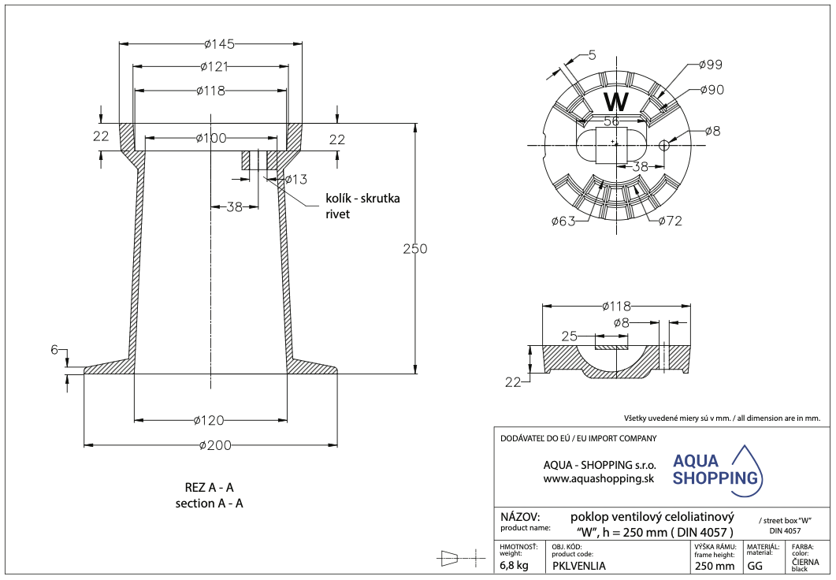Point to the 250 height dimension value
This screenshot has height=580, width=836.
tap(414, 249)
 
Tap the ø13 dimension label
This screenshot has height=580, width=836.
tap(295, 180)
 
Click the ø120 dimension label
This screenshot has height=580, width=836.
tap(210, 420)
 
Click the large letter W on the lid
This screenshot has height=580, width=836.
tap(615, 102)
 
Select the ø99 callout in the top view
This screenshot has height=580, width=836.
tap(710, 65)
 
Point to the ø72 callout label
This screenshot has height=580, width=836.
tap(669, 221)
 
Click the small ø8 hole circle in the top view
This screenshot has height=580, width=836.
tap(663, 144)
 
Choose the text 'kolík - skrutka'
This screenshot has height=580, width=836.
tap(362, 198)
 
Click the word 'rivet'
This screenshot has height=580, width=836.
tap(337, 214)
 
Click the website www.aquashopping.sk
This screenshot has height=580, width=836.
tap(599, 478)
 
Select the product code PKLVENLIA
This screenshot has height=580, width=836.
tap(579, 565)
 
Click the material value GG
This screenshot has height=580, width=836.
tap(754, 565)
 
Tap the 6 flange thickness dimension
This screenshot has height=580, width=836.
tap(55, 350)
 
